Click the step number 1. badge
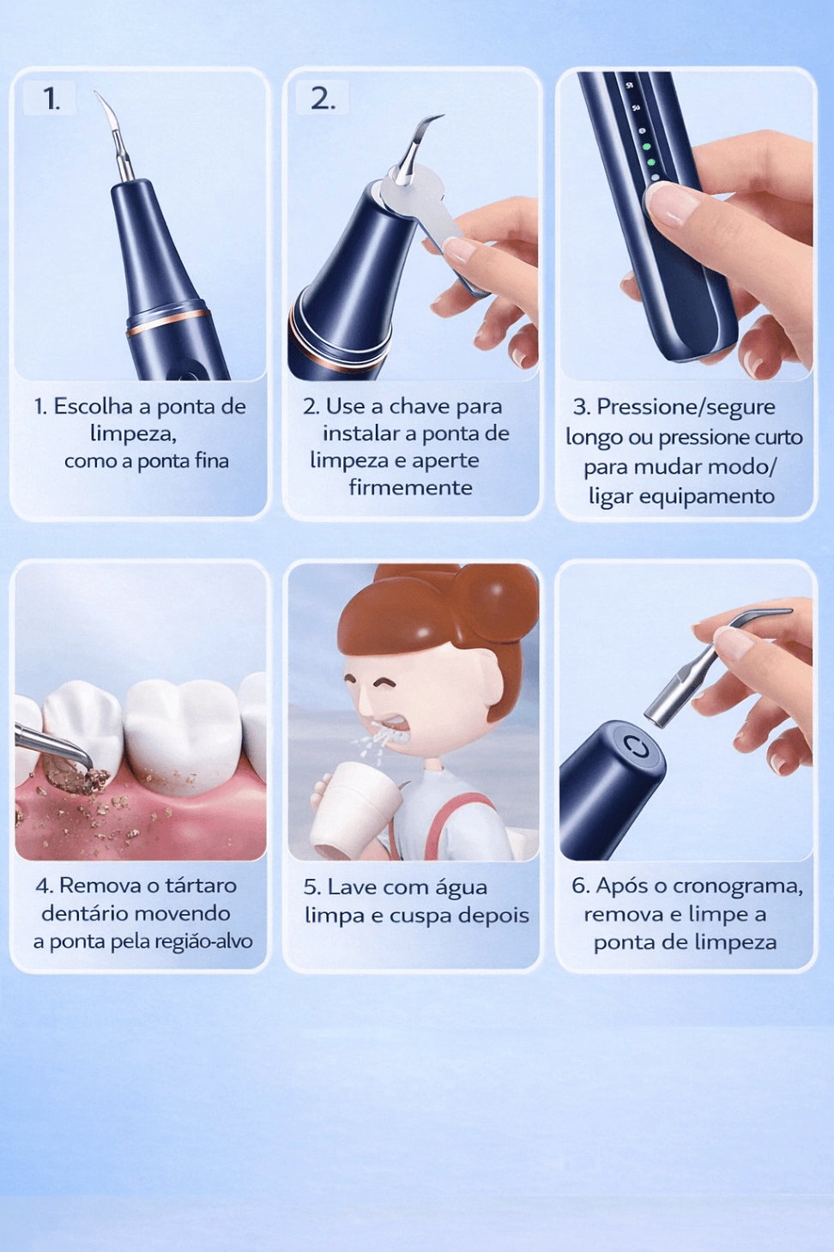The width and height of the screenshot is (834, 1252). click(x=49, y=99)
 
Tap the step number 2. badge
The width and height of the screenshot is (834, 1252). click(x=322, y=98)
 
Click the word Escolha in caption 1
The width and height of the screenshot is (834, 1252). click(x=94, y=407)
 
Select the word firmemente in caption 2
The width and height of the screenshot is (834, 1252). click(x=411, y=487)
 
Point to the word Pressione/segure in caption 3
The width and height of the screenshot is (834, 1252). click(x=686, y=408)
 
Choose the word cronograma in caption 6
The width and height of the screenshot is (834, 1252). click(x=737, y=886)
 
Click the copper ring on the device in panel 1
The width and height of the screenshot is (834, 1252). click(x=167, y=322)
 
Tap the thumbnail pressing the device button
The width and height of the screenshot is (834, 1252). click(x=669, y=203)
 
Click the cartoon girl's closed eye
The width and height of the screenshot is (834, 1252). click(x=387, y=682)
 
